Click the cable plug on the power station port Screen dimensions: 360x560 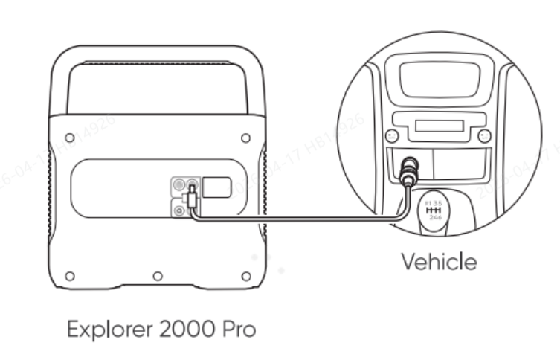click(x=192, y=199)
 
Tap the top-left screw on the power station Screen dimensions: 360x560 click(x=69, y=138)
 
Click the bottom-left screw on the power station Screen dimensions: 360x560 click(x=69, y=276)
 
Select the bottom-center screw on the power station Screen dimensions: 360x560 click(x=158, y=276)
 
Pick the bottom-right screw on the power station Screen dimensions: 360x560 click(x=246, y=276)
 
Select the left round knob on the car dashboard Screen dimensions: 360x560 click(x=390, y=135)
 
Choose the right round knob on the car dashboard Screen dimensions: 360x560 click(x=484, y=135)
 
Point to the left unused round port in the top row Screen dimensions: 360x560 click(x=178, y=183)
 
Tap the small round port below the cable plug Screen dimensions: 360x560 click(x=178, y=210)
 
